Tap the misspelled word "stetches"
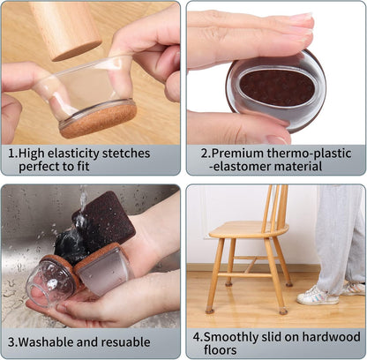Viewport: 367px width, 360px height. (x=126, y=154)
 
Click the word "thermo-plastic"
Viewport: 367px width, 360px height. (x=309, y=154)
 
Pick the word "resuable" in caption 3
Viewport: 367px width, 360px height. (x=126, y=342)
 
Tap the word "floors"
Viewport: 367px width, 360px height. (x=221, y=350)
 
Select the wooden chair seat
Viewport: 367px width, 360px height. (x=249, y=229)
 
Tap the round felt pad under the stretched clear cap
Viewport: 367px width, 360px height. (x=99, y=120)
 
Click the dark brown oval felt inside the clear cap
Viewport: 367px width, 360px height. (x=277, y=88)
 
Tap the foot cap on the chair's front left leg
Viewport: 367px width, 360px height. (x=210, y=310)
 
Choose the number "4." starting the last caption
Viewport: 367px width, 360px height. (x=198, y=337)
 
